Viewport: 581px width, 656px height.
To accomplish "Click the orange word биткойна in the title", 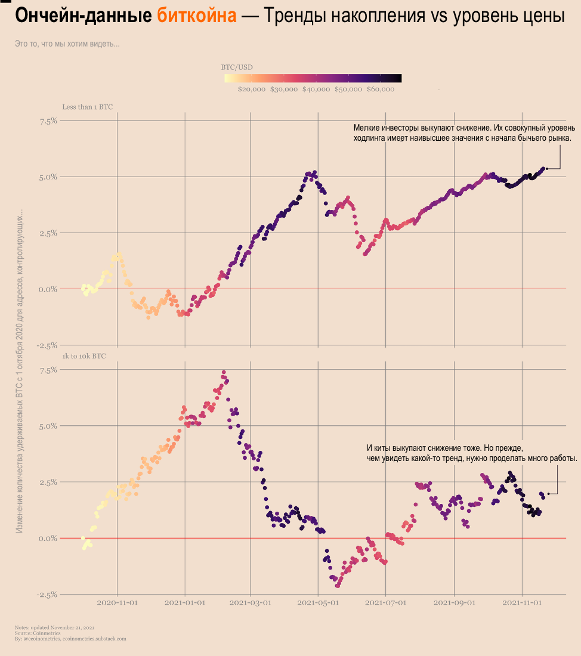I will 197,16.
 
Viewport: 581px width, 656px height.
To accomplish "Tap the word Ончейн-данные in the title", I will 84,16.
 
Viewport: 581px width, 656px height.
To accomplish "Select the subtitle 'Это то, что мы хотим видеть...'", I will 67,44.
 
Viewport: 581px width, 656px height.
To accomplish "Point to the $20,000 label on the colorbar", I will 251,89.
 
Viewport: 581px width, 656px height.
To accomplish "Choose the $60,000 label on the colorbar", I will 381,89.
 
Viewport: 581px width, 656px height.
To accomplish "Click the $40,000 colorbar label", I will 316,89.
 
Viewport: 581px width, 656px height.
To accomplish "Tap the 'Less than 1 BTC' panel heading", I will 87,107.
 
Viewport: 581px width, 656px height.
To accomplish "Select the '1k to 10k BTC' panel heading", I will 84,356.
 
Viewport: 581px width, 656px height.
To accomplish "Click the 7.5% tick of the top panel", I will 48,120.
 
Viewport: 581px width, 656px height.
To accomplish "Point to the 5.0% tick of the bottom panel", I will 48,426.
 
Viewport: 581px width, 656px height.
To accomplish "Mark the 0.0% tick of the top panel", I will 48,289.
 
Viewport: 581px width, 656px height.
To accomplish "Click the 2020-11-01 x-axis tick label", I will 117,603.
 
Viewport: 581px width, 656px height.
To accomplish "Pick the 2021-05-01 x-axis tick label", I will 318,603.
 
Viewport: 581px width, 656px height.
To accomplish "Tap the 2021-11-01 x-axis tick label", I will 523,603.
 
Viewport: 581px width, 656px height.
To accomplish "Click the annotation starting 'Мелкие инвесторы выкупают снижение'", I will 464,132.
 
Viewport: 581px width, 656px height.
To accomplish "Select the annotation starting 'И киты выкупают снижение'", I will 471,453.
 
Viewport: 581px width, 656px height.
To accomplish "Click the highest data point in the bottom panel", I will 224,373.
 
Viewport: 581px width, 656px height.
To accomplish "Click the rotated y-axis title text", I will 19,370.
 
